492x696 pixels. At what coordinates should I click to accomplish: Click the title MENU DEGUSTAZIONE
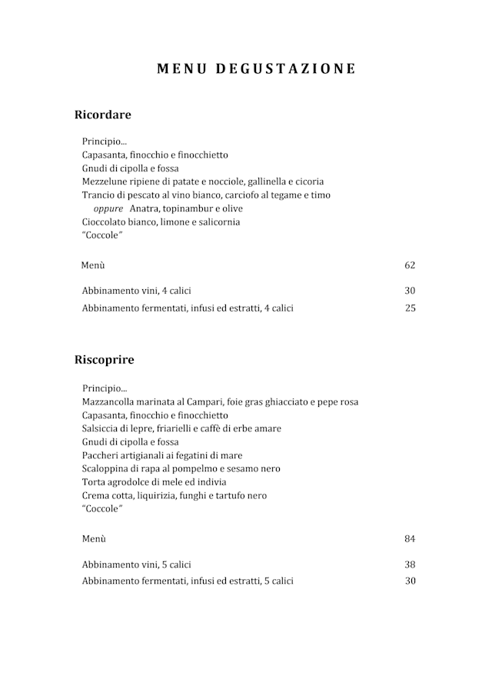pos(256,68)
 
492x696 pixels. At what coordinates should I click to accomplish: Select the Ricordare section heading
pos(102,115)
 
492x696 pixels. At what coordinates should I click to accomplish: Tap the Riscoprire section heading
pos(104,359)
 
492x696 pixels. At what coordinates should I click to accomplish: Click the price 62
pos(410,265)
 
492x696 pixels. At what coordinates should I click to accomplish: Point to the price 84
pos(410,538)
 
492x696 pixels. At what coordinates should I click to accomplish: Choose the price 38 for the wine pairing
pos(410,564)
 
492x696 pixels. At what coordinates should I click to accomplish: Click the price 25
pos(410,308)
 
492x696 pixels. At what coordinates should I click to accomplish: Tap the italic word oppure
pos(108,208)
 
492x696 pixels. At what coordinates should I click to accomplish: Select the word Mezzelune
pos(105,181)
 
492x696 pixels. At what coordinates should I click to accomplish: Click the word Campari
pos(201,401)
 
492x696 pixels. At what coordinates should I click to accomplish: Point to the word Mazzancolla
pos(111,401)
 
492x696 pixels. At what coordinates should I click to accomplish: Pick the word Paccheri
pos(101,455)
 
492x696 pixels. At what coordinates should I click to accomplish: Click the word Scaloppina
pos(107,469)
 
